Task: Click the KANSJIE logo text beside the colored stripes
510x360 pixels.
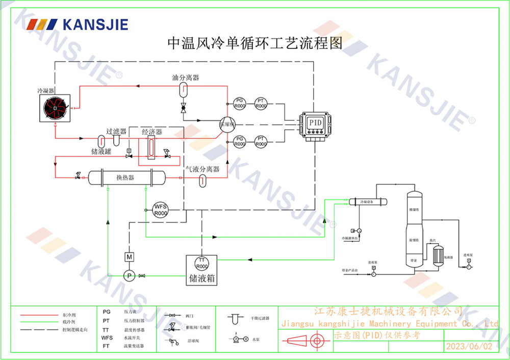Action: click(x=95, y=24)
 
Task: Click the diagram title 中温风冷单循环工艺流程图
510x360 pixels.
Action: click(x=254, y=43)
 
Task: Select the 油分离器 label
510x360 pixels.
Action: click(x=185, y=78)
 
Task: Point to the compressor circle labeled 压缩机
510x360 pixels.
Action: click(x=226, y=124)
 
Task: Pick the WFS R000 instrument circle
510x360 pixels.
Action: click(x=161, y=210)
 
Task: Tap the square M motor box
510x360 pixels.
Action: click(x=129, y=256)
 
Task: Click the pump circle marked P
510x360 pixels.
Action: click(x=129, y=275)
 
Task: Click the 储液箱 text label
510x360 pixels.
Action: click(x=201, y=279)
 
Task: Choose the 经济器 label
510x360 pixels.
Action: click(x=151, y=132)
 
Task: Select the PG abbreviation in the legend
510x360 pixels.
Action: click(x=107, y=311)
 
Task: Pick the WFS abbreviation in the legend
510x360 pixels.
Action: click(x=107, y=338)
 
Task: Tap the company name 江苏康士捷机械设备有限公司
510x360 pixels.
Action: click(x=389, y=311)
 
